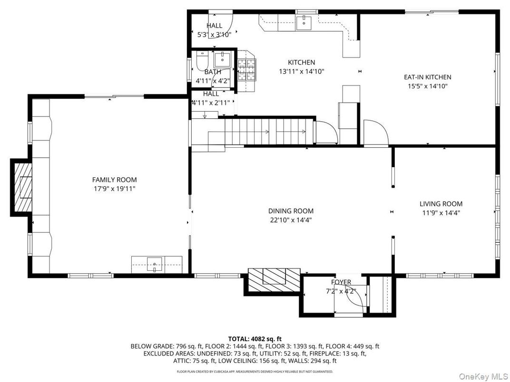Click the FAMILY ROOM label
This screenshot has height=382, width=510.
[x=114, y=180]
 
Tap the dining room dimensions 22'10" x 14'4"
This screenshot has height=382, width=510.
[x=291, y=220]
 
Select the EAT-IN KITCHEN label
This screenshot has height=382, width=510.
[x=427, y=77]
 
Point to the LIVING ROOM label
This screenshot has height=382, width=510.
[x=441, y=204]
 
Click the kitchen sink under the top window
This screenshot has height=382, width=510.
[x=303, y=21]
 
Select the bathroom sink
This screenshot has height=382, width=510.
[x=222, y=59]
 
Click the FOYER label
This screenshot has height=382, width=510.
[x=338, y=282]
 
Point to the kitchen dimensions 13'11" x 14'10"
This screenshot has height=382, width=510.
[x=301, y=71]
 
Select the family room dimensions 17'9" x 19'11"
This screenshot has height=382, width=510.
[x=114, y=189]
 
